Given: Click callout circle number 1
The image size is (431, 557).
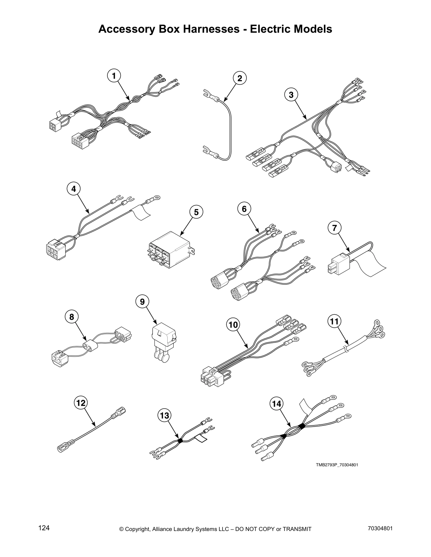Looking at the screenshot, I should click(113, 76).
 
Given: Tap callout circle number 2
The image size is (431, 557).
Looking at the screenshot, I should click(240, 78).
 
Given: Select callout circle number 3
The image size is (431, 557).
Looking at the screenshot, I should click(291, 95).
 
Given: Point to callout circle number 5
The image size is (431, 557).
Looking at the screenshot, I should click(196, 212).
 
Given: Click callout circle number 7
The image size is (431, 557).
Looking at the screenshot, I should click(334, 228).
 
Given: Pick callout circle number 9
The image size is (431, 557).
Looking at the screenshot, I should click(142, 302).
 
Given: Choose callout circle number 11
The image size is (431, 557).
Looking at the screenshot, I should click(334, 321).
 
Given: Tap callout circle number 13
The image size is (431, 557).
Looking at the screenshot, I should click(164, 416).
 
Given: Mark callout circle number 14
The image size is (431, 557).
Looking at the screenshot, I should click(277, 404).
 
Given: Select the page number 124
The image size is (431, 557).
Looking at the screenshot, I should click(44, 528).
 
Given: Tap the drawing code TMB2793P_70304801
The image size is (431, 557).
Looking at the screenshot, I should click(337, 465).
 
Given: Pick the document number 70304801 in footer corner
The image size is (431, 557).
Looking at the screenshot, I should click(380, 528).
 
